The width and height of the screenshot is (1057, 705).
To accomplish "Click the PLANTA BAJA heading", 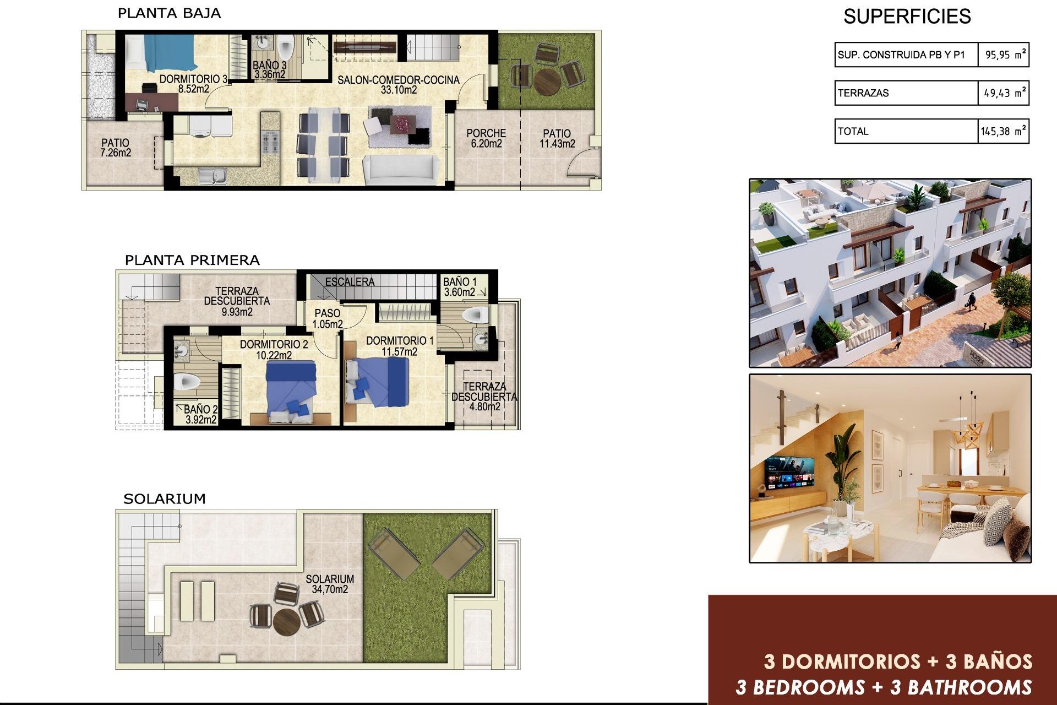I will (169, 13).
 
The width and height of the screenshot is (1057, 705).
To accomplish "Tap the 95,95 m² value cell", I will (1004, 55).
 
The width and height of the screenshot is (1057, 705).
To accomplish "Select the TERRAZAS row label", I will (863, 93).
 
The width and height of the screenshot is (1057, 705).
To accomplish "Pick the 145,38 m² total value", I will (1003, 131).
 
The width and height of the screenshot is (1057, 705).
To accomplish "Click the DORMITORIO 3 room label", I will (193, 84).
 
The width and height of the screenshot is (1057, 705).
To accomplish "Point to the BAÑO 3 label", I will (270, 70).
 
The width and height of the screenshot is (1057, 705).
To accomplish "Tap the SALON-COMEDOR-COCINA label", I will (399, 84).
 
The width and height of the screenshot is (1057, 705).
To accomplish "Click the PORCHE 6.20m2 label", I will (486, 138).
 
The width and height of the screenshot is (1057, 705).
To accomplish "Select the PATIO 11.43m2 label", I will (557, 138).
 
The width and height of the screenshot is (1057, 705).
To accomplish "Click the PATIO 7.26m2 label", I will (116, 148).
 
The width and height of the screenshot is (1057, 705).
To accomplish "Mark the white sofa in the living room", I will (401, 170).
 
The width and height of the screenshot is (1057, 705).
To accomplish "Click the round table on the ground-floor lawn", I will (547, 81).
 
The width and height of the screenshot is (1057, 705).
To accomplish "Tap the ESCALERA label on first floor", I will (350, 281).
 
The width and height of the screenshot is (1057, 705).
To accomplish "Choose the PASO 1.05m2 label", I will (328, 318).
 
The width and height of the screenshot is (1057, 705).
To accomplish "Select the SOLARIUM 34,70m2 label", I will (330, 584).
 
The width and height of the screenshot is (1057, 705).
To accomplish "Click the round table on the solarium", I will (286, 621).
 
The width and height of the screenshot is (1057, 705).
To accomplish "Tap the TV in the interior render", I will (789, 473).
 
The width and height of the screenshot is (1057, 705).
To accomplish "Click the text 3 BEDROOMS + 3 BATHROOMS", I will (884, 687).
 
